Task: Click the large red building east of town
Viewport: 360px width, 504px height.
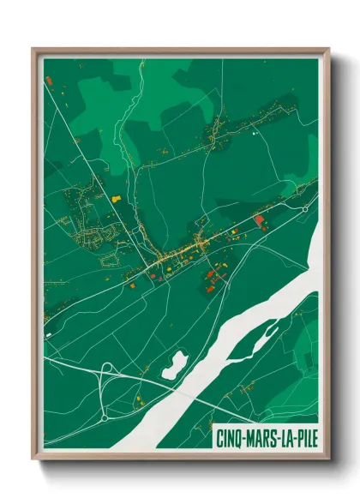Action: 259,219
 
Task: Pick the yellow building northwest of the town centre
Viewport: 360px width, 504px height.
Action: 115,198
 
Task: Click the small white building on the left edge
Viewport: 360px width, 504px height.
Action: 49,334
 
